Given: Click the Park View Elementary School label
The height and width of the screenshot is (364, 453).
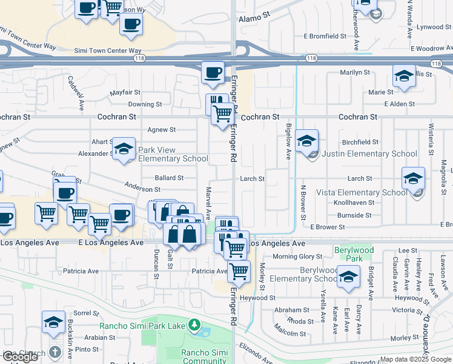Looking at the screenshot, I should tap(165, 154).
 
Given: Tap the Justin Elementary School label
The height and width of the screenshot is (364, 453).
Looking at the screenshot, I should tap(369, 154).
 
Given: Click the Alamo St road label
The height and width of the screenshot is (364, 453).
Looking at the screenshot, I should tap(253, 19).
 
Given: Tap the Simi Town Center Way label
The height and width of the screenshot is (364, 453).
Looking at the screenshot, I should tap(108, 51).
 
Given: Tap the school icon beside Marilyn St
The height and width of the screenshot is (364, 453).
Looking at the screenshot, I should tap(404, 76).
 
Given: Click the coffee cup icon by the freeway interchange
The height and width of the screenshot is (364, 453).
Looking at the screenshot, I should tap(212, 73).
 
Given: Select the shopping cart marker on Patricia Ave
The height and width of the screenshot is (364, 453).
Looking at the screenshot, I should tap(239, 271).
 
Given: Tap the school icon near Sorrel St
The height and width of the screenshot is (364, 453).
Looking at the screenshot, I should tap(53, 322).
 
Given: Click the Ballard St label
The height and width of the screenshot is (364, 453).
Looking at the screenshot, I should tap(169, 178).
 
